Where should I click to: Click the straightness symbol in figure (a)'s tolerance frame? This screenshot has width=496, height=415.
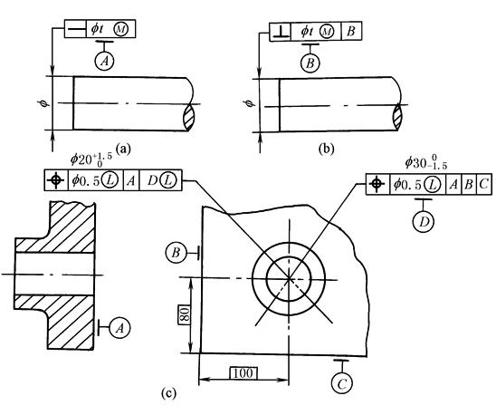pyautogui.click(x=75, y=29)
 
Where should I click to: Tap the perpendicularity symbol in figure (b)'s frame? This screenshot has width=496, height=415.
pyautogui.click(x=281, y=32)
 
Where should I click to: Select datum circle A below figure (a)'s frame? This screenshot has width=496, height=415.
pyautogui.click(x=105, y=61)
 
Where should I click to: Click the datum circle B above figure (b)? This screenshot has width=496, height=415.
pyautogui.click(x=310, y=63)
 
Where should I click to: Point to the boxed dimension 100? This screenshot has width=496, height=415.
pyautogui.click(x=243, y=373)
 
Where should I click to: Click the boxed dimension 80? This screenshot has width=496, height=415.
pyautogui.click(x=185, y=315)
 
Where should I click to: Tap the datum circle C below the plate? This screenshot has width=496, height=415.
pyautogui.click(x=342, y=383)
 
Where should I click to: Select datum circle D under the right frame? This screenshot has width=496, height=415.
pyautogui.click(x=424, y=221)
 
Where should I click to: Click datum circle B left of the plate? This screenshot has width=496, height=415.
pyautogui.click(x=176, y=253)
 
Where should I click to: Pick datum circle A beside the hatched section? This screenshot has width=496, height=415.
pyautogui.click(x=119, y=328)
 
